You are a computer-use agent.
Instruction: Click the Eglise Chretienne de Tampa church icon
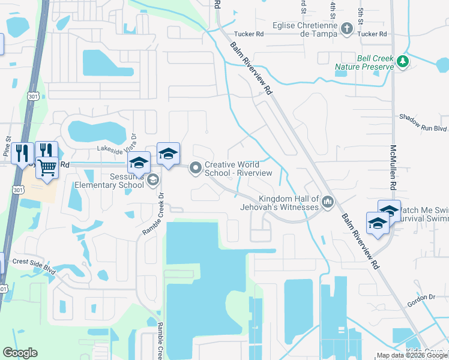pyautogui.click(x=346, y=28)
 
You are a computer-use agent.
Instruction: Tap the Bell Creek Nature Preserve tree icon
pyautogui.click(x=403, y=61)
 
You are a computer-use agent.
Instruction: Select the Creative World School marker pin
pyautogui.click(x=195, y=169)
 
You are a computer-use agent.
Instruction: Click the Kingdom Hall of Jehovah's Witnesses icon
pyautogui.click(x=327, y=202)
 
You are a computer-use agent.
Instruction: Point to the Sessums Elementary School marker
pyautogui.click(x=153, y=179)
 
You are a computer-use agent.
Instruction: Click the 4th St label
pyautogui.click(x=332, y=10)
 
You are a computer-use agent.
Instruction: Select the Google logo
pyautogui.click(x=20, y=353)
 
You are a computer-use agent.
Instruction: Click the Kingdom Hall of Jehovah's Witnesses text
pyautogui.click(x=288, y=203)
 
